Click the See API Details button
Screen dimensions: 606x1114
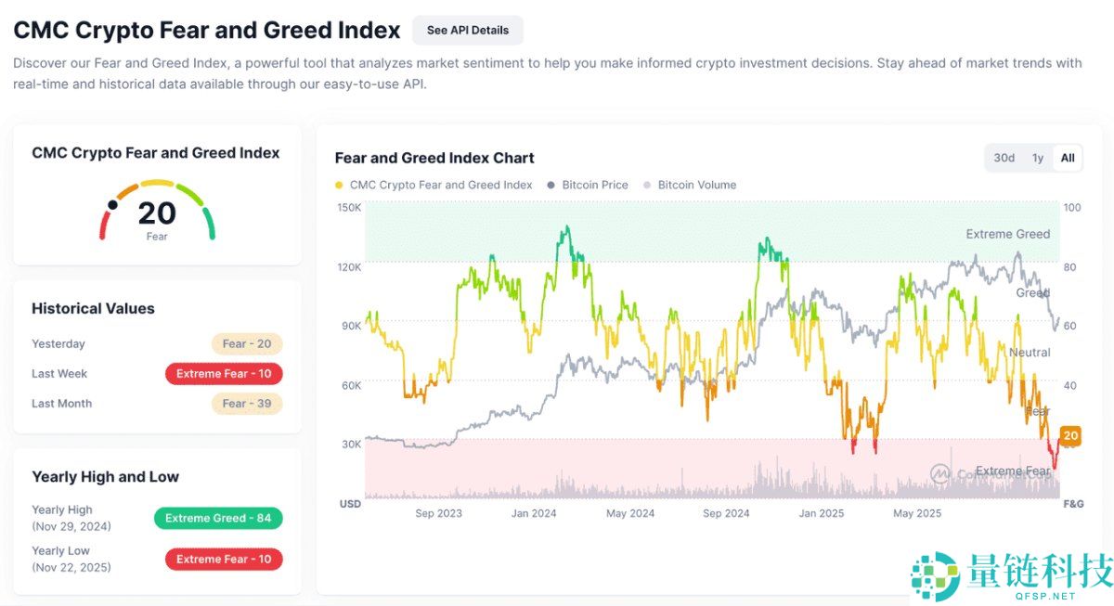pyautogui.click(x=467, y=30)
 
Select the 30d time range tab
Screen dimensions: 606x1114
pyautogui.click(x=1004, y=158)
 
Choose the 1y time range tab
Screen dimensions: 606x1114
pyautogui.click(x=1038, y=158)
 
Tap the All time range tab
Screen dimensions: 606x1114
pyautogui.click(x=1068, y=158)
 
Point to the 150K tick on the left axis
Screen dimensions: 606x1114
pyautogui.click(x=349, y=207)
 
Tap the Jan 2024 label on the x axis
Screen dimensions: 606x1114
pyautogui.click(x=533, y=513)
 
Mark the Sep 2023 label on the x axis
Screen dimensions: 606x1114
pyautogui.click(x=438, y=513)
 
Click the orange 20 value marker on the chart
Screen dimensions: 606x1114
pyautogui.click(x=1070, y=435)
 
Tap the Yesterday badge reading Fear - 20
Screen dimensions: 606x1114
pyautogui.click(x=247, y=343)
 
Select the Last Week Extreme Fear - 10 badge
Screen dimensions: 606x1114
pyautogui.click(x=224, y=373)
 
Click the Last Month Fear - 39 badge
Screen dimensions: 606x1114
pyautogui.click(x=247, y=403)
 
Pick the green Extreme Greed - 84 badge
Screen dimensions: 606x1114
pyautogui.click(x=218, y=518)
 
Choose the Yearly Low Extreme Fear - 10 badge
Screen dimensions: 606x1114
pyautogui.click(x=224, y=559)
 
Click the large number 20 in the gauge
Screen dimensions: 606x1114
pyautogui.click(x=157, y=213)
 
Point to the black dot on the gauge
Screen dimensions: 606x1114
pyautogui.click(x=112, y=204)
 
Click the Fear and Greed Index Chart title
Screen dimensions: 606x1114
pyautogui.click(x=434, y=158)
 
